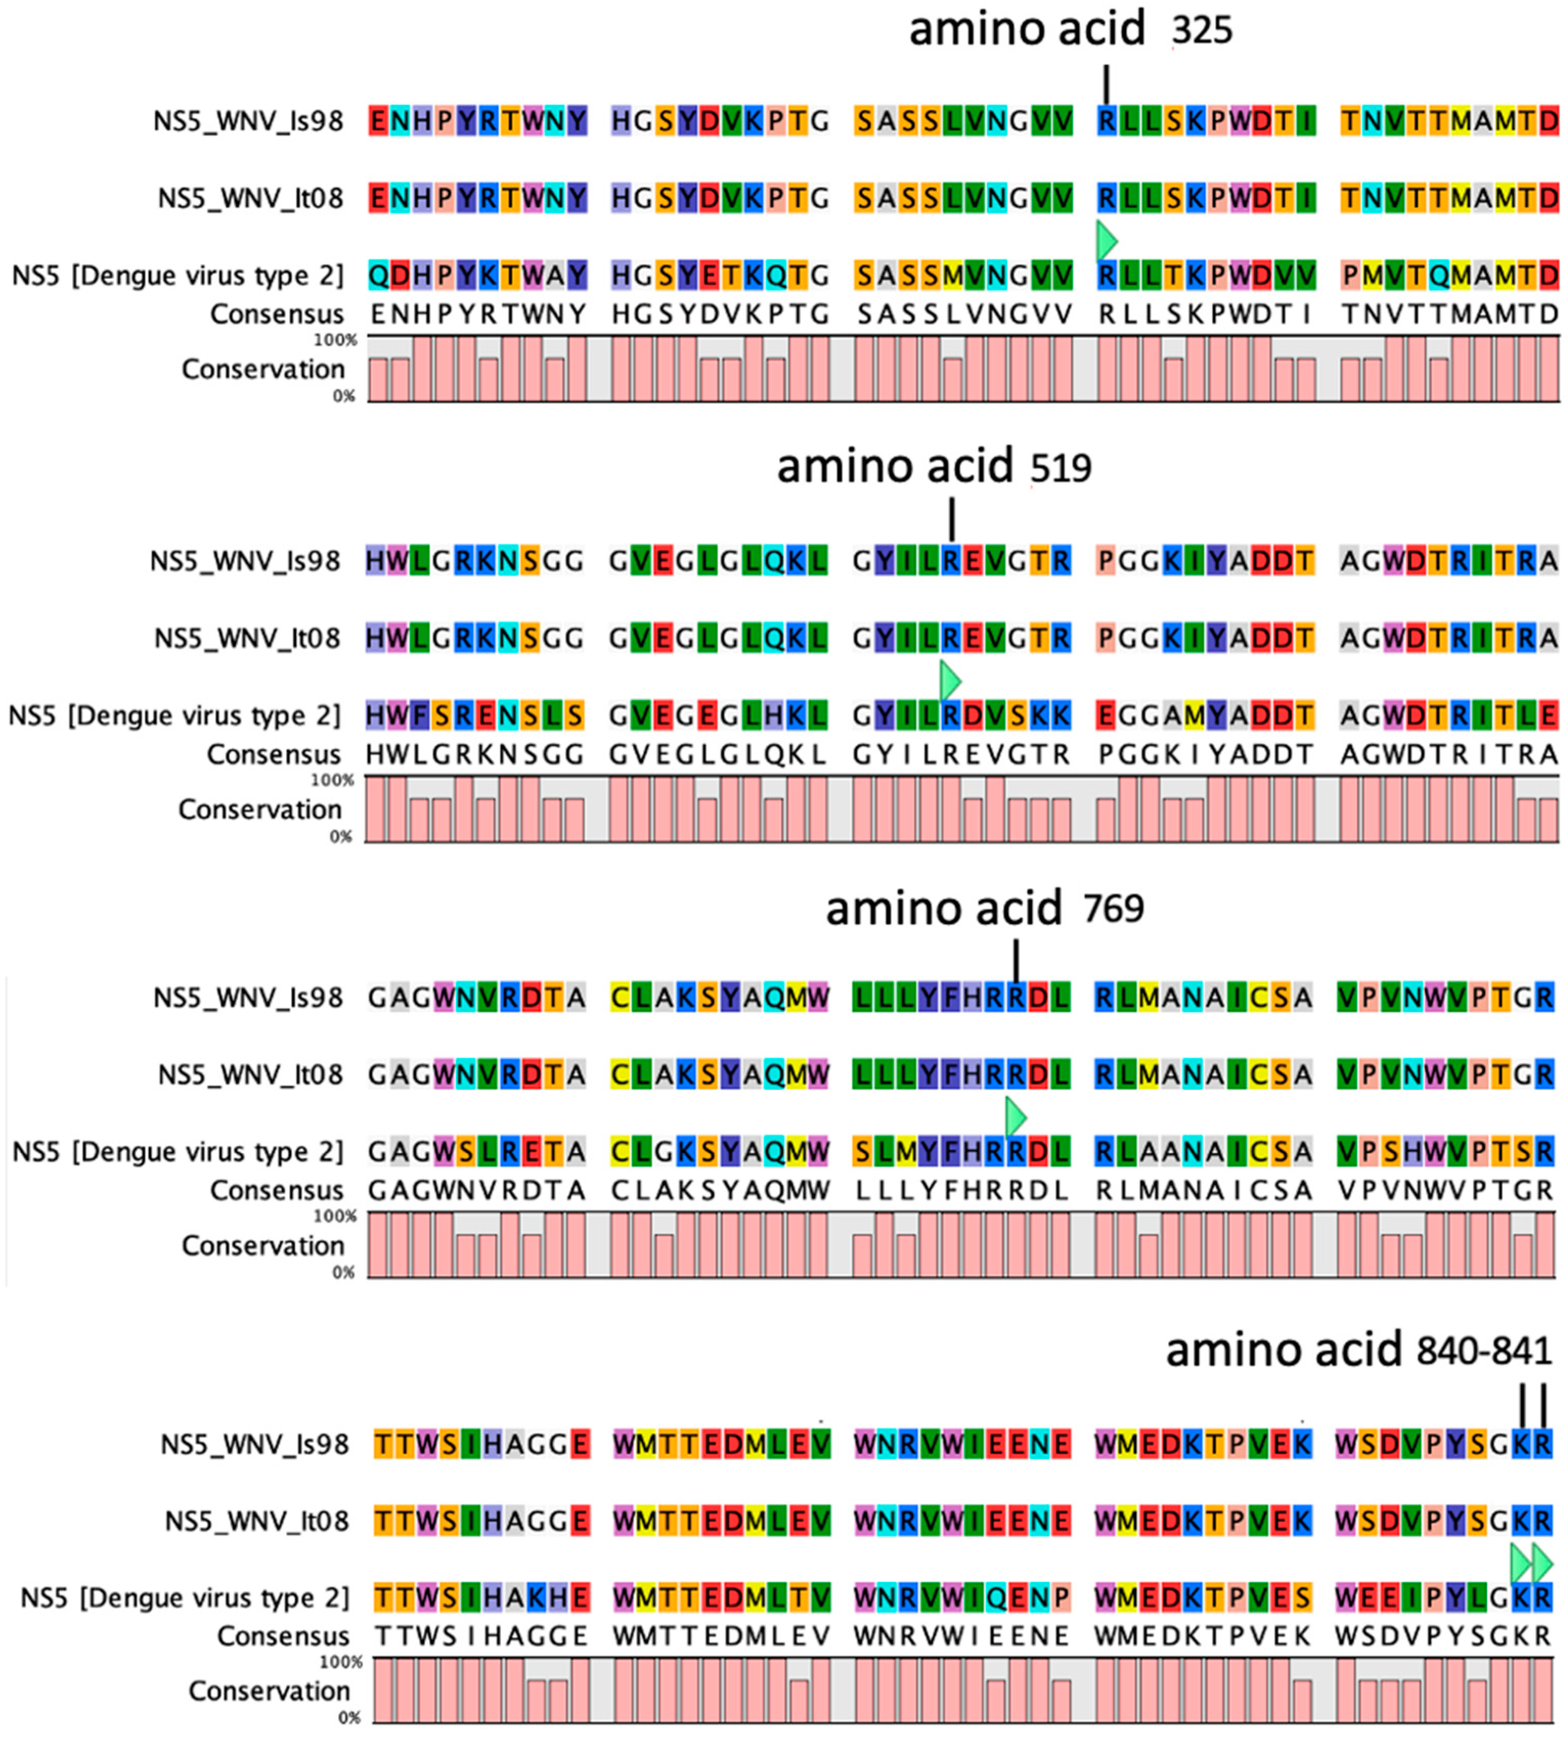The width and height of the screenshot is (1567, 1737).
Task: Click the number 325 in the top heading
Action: coord(1202,31)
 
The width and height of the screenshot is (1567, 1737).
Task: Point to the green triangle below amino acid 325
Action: coord(1107,241)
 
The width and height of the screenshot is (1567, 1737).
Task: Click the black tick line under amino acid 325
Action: coord(1107,84)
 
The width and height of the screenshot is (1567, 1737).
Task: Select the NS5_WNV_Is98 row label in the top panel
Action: coord(248,121)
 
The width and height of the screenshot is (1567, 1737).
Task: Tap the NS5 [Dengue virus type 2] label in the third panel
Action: coord(178,1151)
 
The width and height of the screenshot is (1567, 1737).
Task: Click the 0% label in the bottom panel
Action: coord(349,1717)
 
